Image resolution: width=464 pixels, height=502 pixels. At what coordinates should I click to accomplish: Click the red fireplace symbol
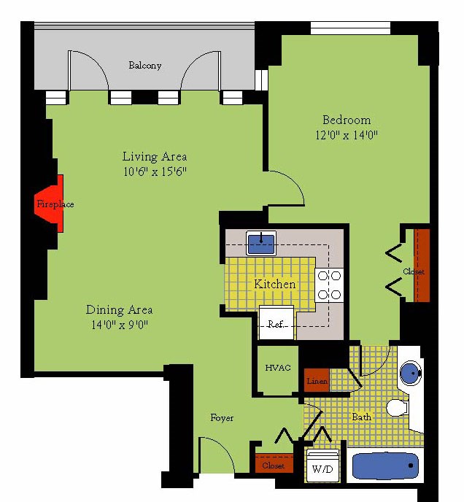tap(50, 204)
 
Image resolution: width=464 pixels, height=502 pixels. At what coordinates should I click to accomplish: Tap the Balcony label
tap(144, 66)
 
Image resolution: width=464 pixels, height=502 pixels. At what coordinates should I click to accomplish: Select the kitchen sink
tap(261, 243)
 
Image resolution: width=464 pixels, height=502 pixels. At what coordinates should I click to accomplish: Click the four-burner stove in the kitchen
tap(329, 285)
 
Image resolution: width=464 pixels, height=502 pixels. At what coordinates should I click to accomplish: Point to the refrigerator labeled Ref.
tap(276, 323)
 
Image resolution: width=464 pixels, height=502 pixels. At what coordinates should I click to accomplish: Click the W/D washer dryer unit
tap(322, 466)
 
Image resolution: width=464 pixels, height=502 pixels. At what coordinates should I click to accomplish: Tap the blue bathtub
tap(385, 466)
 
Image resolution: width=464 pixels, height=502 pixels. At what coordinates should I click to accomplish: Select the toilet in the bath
tap(398, 408)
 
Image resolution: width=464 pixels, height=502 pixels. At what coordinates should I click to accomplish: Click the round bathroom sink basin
tap(411, 374)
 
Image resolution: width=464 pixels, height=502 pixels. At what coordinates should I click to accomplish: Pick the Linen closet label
tap(317, 381)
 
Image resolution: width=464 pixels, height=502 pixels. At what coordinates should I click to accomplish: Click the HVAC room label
tap(278, 368)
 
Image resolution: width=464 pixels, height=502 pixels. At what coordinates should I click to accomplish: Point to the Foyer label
tap(222, 418)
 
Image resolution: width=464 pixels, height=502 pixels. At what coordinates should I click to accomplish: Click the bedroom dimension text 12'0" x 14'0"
tap(347, 135)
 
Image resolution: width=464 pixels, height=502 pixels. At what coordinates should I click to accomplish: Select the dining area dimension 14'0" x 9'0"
tap(120, 325)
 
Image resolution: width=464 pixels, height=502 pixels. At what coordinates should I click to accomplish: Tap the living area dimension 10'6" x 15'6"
tap(155, 172)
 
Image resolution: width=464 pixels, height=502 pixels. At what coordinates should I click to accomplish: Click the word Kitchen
tap(275, 284)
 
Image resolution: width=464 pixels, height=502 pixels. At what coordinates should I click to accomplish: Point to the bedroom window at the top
tap(350, 28)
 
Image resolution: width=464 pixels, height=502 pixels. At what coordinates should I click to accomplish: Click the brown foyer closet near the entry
tap(274, 463)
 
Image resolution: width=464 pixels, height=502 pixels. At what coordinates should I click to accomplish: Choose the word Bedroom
tap(347, 120)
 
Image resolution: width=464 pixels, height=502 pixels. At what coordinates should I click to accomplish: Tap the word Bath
tap(362, 417)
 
